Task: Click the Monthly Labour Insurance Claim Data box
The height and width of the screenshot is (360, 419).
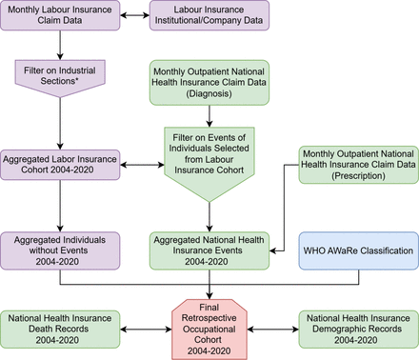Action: tap(61, 16)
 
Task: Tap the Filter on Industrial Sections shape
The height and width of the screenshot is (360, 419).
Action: tap(61, 73)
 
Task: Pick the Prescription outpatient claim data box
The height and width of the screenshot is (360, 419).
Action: tap(358, 168)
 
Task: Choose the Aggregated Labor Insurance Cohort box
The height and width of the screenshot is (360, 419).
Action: tap(61, 162)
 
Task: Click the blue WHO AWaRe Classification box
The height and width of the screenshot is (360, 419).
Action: tap(358, 250)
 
